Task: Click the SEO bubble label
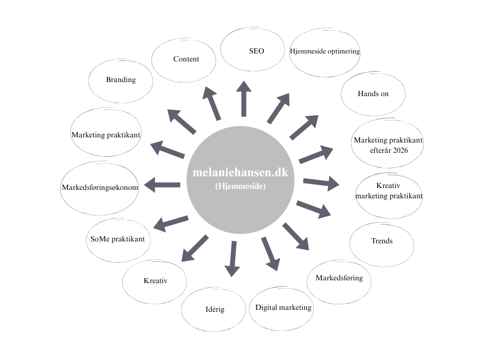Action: (256, 51)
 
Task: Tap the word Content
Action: (186, 59)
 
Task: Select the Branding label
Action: (121, 80)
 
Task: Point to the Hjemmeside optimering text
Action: (325, 51)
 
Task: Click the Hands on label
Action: (373, 94)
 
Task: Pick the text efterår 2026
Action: (389, 150)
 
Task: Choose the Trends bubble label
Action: (382, 241)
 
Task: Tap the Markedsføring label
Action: (339, 278)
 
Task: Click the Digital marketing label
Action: (283, 307)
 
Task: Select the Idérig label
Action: (215, 309)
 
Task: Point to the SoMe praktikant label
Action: (118, 239)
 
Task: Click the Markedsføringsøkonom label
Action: (100, 187)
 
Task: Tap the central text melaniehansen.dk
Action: (240, 172)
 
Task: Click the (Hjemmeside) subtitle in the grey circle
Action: (240, 186)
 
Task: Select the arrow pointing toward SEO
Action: (244, 99)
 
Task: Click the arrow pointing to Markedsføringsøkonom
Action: (162, 185)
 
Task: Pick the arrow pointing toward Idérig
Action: (232, 259)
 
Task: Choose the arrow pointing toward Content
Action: (211, 103)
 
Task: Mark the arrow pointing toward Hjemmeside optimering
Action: (278, 108)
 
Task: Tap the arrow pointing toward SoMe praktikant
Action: (171, 224)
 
